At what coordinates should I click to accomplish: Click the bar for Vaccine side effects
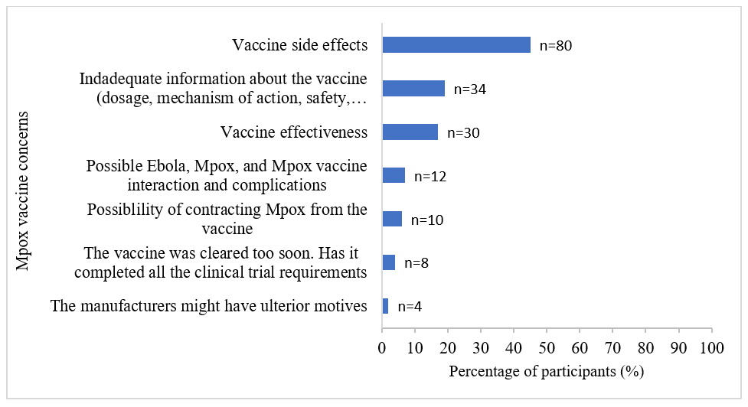(x=456, y=45)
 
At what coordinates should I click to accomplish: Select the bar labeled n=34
(x=413, y=89)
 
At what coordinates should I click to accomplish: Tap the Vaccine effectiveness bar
(x=410, y=132)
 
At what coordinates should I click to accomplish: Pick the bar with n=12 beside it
(x=394, y=176)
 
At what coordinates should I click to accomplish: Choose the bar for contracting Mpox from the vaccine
(x=392, y=220)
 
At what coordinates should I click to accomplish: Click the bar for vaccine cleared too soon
(x=388, y=263)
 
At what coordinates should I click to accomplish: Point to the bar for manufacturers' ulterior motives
(x=385, y=307)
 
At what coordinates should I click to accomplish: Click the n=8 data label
(x=416, y=264)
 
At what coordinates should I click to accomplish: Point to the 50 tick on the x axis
(x=547, y=349)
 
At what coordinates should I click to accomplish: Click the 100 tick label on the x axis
(x=711, y=349)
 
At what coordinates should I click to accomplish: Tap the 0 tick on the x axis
(x=382, y=349)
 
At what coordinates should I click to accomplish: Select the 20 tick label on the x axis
(x=448, y=349)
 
